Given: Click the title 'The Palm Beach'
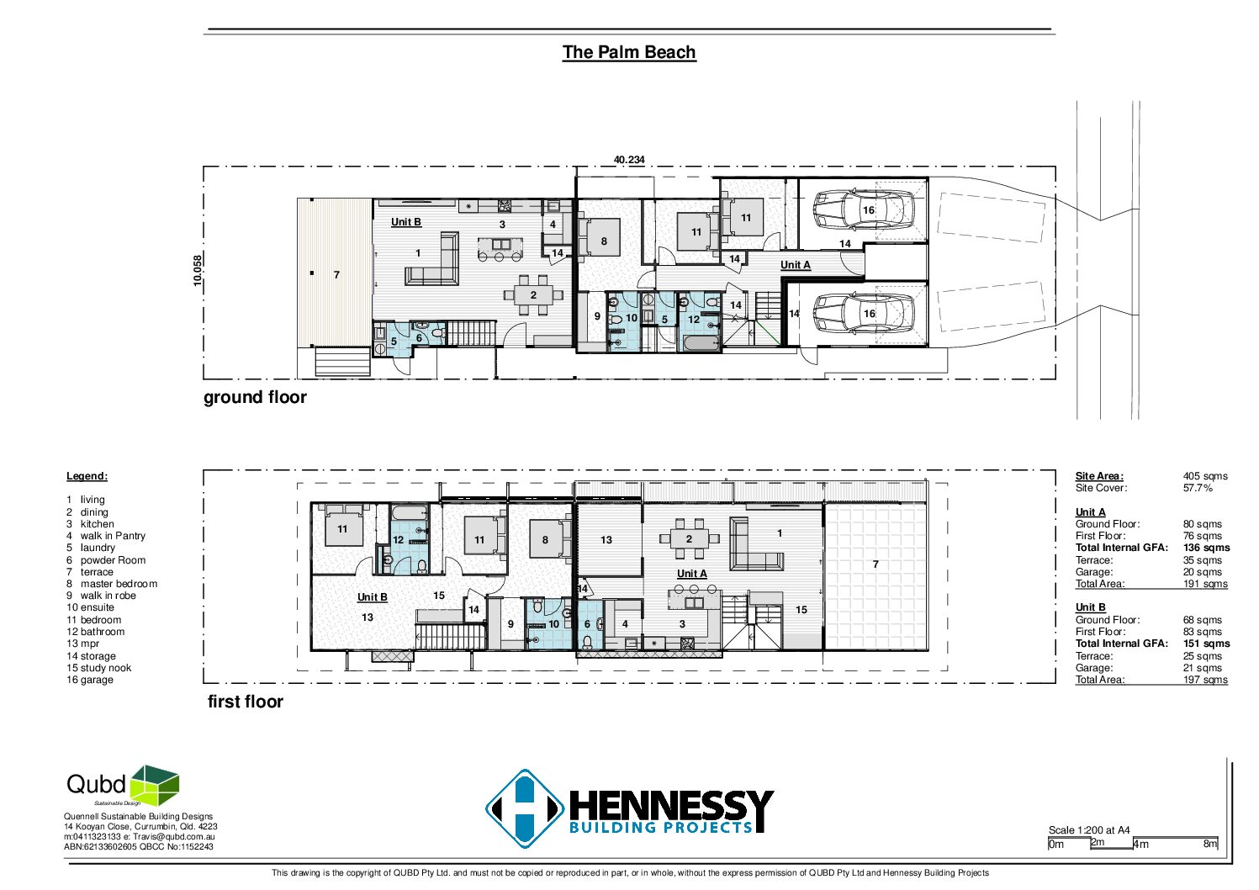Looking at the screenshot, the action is coord(629,52).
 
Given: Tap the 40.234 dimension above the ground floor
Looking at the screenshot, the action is coord(629,160).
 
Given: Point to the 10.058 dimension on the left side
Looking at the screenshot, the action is coord(198,271).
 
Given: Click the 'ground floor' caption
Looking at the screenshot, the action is coord(255,397).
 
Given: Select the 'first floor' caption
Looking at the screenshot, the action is coord(245,701).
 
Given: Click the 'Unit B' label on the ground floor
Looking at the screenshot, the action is coord(406,222).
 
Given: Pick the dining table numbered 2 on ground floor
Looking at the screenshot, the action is coord(533,294).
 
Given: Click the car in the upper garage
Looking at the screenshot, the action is coord(864,209).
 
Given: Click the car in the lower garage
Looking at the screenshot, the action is coord(864,313).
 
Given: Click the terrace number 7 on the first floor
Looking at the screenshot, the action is coord(875,564).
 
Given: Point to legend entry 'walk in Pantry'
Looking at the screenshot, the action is coord(113,536).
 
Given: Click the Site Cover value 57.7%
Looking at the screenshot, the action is coord(1197,488).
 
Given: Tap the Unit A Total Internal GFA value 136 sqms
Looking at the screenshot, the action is coord(1206,548).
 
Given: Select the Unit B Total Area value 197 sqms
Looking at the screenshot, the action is coord(1205,679).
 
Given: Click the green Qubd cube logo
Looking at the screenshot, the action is coord(155,785).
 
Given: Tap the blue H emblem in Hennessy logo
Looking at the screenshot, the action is coord(525,808).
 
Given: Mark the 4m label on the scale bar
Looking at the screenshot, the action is coord(1140,844).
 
